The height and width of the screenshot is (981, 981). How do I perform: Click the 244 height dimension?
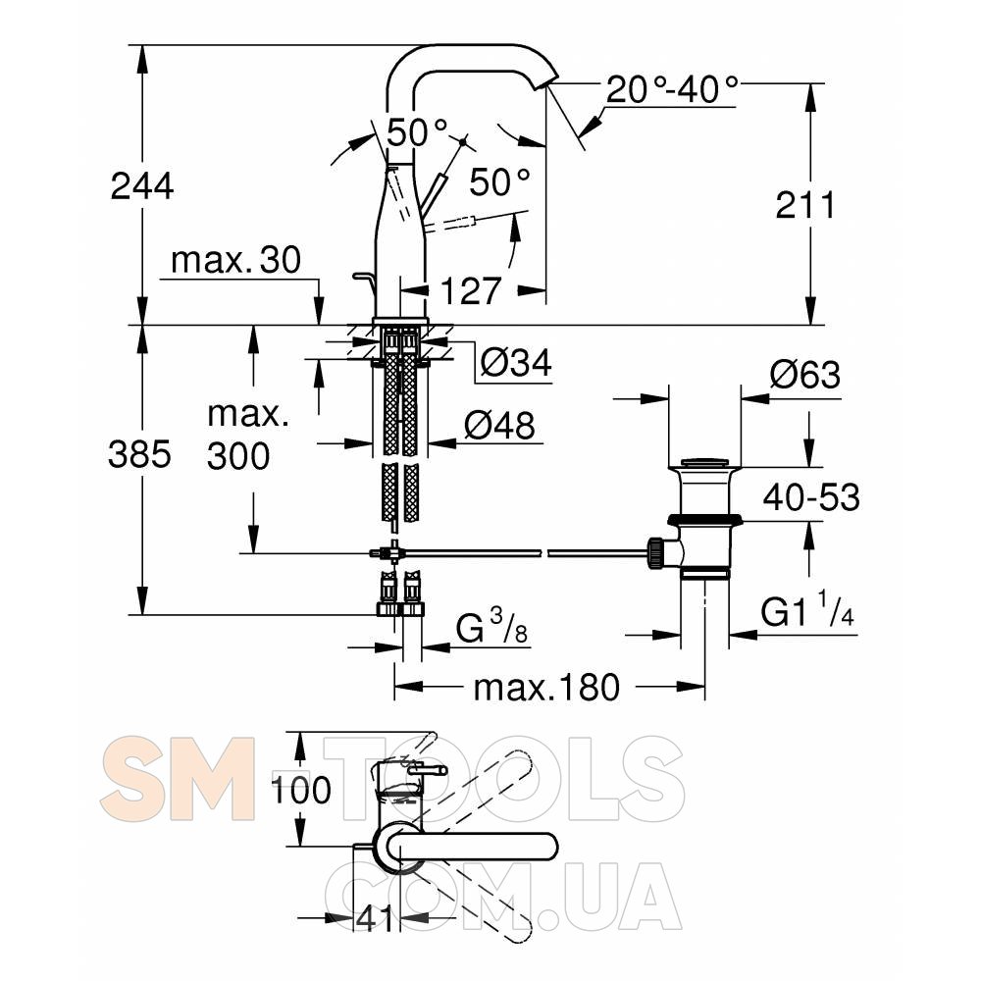tap(142, 186)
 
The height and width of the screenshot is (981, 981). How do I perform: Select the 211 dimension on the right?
tap(805, 205)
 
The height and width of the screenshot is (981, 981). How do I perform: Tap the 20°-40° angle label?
tap(672, 89)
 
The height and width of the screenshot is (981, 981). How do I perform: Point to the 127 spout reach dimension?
tap(471, 291)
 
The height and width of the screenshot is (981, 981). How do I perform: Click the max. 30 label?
tap(235, 260)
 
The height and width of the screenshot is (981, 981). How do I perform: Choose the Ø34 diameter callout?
tap(516, 362)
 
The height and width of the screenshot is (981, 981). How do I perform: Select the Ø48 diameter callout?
tap(500, 426)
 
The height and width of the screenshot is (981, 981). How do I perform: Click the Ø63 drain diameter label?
tap(805, 375)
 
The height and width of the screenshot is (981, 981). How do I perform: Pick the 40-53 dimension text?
tap(811, 497)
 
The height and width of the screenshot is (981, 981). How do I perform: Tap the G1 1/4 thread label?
tap(807, 610)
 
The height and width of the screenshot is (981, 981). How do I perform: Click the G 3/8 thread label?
tap(491, 628)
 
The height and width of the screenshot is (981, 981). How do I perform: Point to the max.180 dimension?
tap(546, 688)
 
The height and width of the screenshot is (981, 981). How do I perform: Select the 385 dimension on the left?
tap(139, 454)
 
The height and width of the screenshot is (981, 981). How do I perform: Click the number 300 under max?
tap(238, 456)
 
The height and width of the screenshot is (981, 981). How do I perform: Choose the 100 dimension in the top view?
tap(300, 790)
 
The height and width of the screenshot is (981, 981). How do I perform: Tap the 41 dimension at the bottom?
tap(375, 918)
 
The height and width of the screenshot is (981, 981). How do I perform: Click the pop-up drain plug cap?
tap(704, 463)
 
